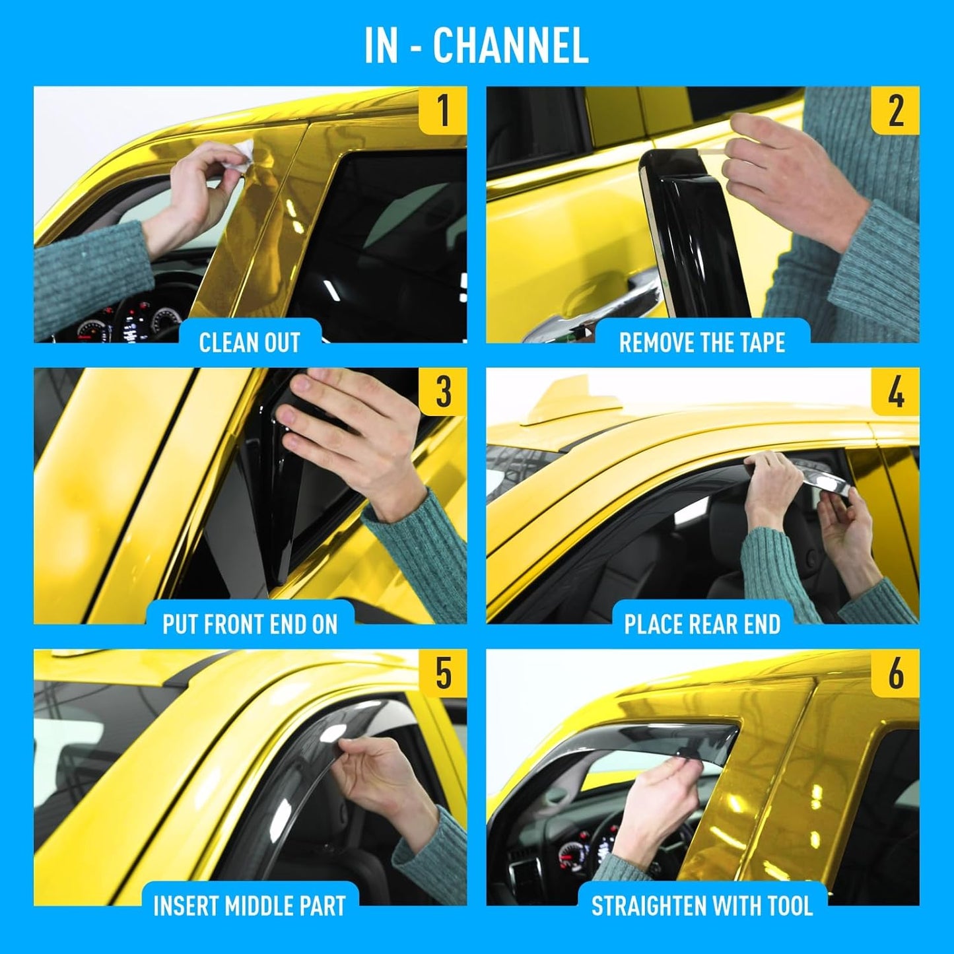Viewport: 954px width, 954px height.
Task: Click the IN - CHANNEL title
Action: pyautogui.click(x=476, y=46)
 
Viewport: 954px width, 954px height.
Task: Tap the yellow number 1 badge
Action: pyautogui.click(x=443, y=110)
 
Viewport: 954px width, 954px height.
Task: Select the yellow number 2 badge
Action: pyautogui.click(x=895, y=110)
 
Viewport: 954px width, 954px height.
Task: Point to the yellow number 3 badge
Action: pyautogui.click(x=443, y=392)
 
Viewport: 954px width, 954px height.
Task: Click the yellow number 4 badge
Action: pyautogui.click(x=895, y=392)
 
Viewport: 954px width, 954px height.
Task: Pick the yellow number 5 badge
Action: pyautogui.click(x=443, y=673)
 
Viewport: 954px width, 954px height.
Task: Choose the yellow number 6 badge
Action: pyautogui.click(x=895, y=673)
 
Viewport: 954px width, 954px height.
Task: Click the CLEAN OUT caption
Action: pyautogui.click(x=250, y=343)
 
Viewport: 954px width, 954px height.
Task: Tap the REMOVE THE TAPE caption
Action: pyautogui.click(x=702, y=343)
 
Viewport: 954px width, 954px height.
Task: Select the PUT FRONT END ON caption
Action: pyautogui.click(x=250, y=625)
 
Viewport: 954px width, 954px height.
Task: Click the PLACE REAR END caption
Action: pyautogui.click(x=702, y=625)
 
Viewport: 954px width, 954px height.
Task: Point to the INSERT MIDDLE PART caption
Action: pyautogui.click(x=250, y=906)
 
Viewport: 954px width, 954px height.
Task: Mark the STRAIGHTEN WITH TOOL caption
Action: pyautogui.click(x=702, y=906)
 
